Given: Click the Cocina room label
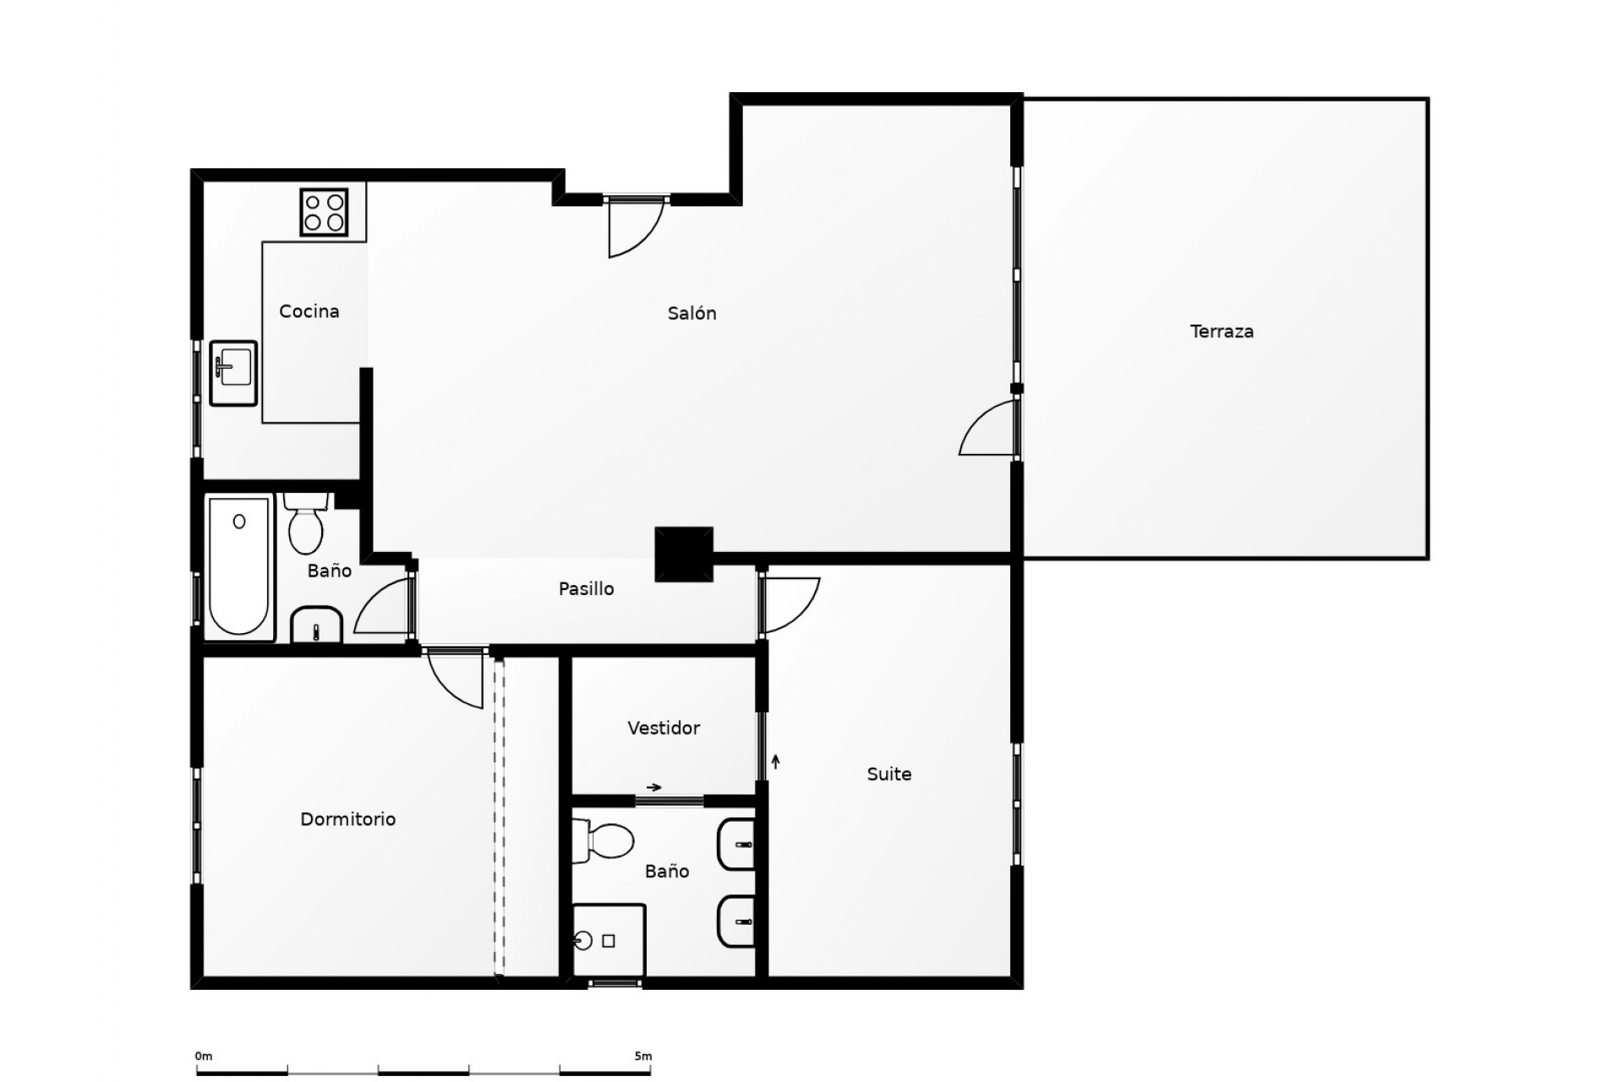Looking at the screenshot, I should pyautogui.click(x=309, y=312).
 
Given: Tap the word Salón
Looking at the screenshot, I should pyautogui.click(x=691, y=314).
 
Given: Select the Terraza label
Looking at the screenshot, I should pyautogui.click(x=1221, y=331).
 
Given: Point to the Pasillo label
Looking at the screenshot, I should pyautogui.click(x=586, y=589).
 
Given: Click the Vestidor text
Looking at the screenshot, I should pyautogui.click(x=664, y=728).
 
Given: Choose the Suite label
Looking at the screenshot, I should pyautogui.click(x=889, y=773).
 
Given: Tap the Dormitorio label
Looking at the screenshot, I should pyautogui.click(x=348, y=819).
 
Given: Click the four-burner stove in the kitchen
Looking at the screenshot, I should pyautogui.click(x=324, y=211).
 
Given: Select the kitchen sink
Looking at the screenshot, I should pyautogui.click(x=232, y=373).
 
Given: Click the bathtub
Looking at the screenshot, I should pyautogui.click(x=239, y=566).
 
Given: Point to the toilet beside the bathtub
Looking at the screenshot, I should pyautogui.click(x=305, y=522).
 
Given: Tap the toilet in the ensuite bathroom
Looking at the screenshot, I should pyautogui.click(x=604, y=839).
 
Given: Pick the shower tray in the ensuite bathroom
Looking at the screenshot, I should pyautogui.click(x=609, y=940).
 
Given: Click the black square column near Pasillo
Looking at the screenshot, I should pyautogui.click(x=684, y=555).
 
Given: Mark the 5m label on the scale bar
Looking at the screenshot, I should pyautogui.click(x=642, y=1056).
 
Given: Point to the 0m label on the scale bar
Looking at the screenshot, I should pyautogui.click(x=204, y=1056).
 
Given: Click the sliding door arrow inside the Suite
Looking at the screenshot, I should pyautogui.click(x=775, y=762).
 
